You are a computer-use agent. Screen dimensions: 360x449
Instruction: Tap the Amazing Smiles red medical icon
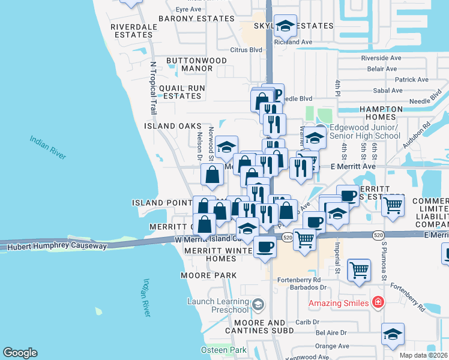[378, 302]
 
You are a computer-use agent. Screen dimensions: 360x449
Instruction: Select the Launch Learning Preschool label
[217, 305]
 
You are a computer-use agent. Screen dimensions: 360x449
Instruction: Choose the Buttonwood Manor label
[196, 65]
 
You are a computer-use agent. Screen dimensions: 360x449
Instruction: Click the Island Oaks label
[172, 127]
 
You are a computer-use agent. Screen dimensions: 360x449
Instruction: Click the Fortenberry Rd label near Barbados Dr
[300, 280]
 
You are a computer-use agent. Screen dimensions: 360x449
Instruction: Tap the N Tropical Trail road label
[154, 87]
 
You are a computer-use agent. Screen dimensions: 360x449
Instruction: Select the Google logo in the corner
[20, 353]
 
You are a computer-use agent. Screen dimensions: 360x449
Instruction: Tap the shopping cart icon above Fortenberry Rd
[359, 269]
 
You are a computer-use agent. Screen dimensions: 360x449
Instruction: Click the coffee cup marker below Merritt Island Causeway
[265, 246]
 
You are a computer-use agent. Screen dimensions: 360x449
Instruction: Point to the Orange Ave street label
[332, 346]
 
